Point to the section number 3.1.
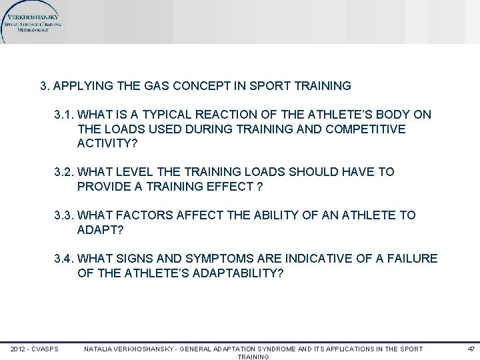tap(65, 115)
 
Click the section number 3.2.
tap(65, 172)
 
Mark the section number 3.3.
tap(65, 215)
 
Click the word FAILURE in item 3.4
tap(411, 258)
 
